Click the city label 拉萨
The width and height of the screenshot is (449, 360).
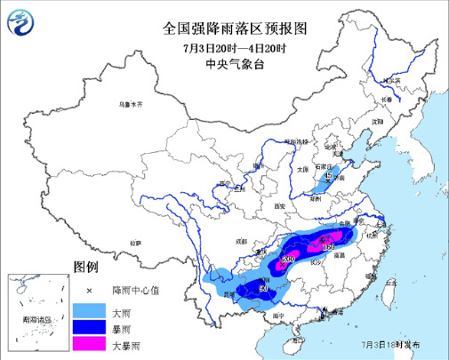[x=134, y=243]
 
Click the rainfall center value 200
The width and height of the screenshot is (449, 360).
[x=287, y=258]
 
